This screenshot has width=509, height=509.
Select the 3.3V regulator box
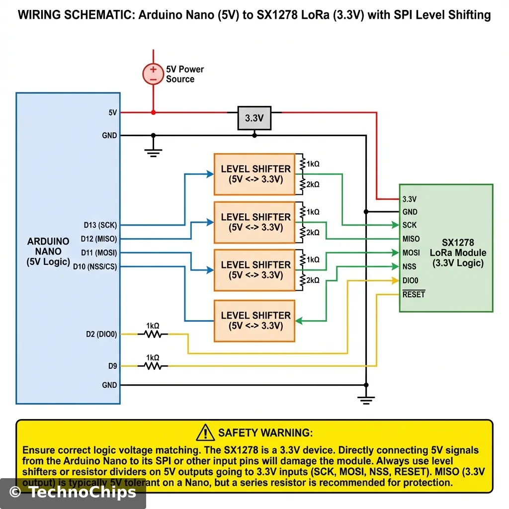pyautogui.click(x=254, y=118)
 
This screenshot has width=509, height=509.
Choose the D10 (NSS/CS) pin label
pyautogui.click(x=95, y=267)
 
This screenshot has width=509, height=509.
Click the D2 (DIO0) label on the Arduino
pyautogui.click(x=101, y=334)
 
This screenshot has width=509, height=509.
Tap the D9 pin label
pyautogui.click(x=112, y=366)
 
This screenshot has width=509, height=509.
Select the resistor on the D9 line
pyautogui.click(x=153, y=366)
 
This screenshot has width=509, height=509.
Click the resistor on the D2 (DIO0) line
pyautogui.click(x=153, y=334)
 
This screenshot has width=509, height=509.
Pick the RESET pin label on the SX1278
pyautogui.click(x=414, y=294)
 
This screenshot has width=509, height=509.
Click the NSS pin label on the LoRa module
pyautogui.click(x=410, y=266)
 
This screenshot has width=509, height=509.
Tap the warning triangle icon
pyautogui.click(x=205, y=433)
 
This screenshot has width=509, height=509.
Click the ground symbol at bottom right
pyautogui.click(x=366, y=398)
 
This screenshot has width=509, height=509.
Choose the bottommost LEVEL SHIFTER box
pyautogui.click(x=254, y=321)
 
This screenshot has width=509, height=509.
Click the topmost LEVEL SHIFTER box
pyautogui.click(x=254, y=174)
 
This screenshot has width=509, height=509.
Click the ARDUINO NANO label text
pyautogui.click(x=48, y=252)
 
